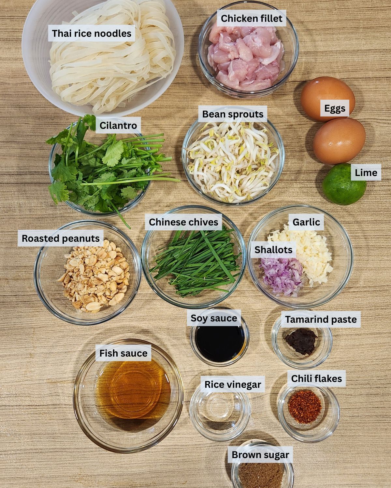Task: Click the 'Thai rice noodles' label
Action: pyautogui.click(x=92, y=33)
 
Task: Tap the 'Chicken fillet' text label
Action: pyautogui.click(x=252, y=18)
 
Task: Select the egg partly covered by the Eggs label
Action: pyautogui.click(x=327, y=99)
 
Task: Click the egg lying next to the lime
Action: pyautogui.click(x=339, y=141)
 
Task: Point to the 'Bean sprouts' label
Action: pyautogui.click(x=233, y=114)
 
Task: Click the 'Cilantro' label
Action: pyautogui.click(x=118, y=125)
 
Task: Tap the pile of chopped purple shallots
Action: pyautogui.click(x=281, y=276)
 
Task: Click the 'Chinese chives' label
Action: pyautogui.click(x=183, y=222)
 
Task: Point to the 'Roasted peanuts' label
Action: pyautogui.click(x=61, y=238)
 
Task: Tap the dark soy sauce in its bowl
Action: pyautogui.click(x=220, y=343)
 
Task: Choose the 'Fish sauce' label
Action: pyautogui.click(x=123, y=353)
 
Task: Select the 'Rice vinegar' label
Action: pyautogui.click(x=233, y=384)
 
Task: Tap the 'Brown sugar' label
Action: pyautogui.click(x=260, y=455)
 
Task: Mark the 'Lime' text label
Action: pyautogui.click(x=366, y=172)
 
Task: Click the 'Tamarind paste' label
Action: pyautogui.click(x=321, y=319)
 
